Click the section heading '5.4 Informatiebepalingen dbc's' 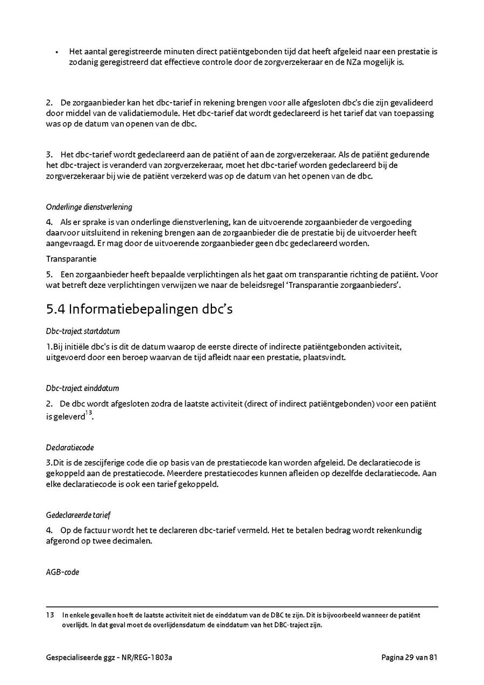click(139, 310)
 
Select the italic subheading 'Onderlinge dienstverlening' click(89, 207)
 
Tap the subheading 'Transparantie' click(71, 259)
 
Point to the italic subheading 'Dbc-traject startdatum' click(82, 331)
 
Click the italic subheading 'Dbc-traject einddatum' click(82, 389)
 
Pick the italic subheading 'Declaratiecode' click(70, 448)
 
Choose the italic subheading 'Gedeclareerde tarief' click(78, 515)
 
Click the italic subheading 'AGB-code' click(62, 573)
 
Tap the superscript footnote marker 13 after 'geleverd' click(89, 413)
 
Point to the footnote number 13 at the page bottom click(50, 615)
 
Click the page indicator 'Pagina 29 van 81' click(409, 658)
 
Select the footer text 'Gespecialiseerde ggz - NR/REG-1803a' click(112, 658)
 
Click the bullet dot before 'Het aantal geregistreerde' click(56, 52)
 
